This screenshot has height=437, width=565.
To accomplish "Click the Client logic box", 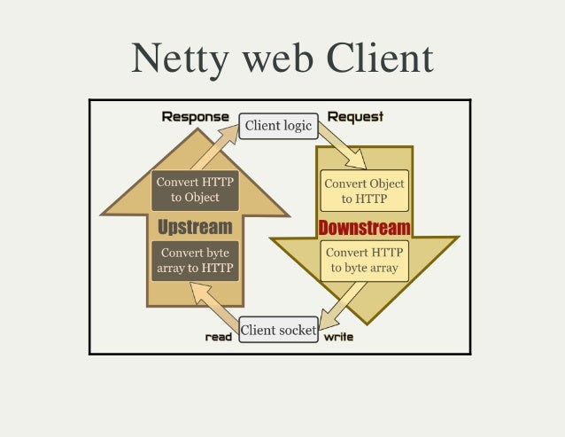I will [278, 126].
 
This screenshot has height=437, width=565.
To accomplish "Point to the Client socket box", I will [278, 331].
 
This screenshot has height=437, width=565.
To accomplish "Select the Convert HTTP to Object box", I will [195, 190].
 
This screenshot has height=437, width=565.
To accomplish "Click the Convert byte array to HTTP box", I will [195, 260].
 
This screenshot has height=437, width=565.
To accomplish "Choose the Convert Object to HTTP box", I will [364, 191].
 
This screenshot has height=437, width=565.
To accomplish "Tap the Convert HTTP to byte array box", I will [364, 259].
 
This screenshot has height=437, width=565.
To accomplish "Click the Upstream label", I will [195, 227].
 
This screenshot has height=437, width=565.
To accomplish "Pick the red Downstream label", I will [364, 228].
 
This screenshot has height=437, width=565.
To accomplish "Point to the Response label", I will [196, 117].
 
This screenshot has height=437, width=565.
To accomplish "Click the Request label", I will [355, 117].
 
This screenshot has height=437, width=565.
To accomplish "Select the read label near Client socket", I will [218, 337].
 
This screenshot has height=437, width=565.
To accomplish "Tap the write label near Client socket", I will [338, 337].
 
